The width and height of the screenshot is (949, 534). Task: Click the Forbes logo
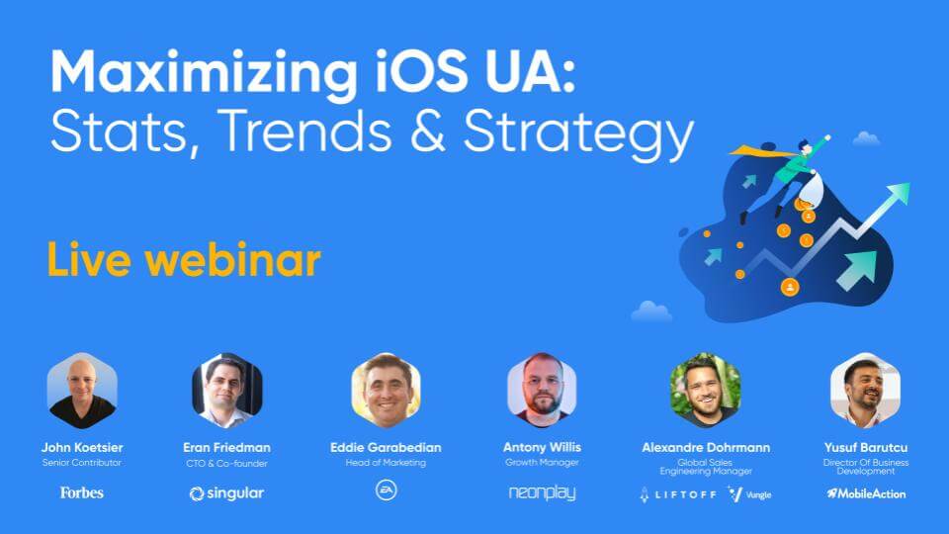click(82, 492)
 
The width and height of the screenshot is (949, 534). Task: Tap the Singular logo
click(227, 493)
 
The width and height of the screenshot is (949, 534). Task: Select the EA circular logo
click(387, 489)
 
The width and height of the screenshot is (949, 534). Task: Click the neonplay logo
click(542, 492)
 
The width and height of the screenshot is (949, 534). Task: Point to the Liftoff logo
click(678, 494)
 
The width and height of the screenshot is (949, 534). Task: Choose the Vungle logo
click(749, 494)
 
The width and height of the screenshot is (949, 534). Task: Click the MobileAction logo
click(866, 494)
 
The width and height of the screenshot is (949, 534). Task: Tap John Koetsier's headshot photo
click(82, 391)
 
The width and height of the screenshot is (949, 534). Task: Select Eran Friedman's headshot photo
click(227, 391)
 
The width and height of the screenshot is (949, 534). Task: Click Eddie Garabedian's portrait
click(387, 391)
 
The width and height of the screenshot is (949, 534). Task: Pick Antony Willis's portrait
click(543, 391)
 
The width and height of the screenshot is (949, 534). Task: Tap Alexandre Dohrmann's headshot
click(705, 391)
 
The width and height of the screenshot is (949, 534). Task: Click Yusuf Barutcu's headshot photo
click(866, 391)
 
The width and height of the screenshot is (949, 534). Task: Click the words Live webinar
click(184, 260)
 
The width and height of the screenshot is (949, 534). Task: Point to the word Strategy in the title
click(578, 134)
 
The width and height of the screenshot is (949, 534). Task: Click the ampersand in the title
click(427, 131)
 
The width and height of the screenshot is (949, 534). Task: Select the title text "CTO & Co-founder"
click(227, 463)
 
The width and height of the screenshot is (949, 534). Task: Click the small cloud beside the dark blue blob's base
click(651, 311)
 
